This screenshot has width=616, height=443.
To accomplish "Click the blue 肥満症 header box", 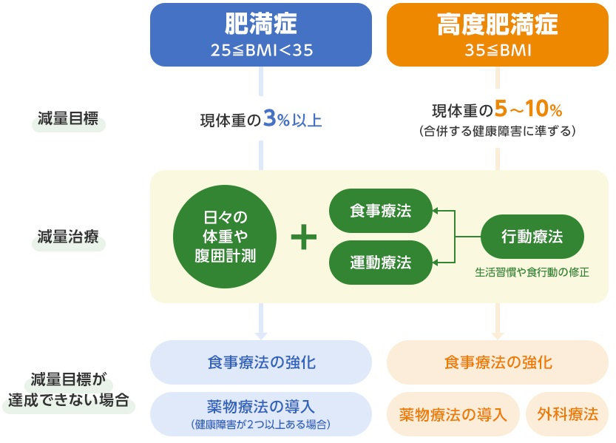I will click(x=261, y=35).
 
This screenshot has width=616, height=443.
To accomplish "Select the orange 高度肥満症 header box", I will click(x=498, y=35).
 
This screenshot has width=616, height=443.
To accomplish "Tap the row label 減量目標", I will click(x=67, y=120).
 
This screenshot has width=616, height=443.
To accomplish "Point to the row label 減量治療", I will click(x=67, y=238).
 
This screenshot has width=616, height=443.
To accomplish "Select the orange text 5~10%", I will click(x=529, y=111).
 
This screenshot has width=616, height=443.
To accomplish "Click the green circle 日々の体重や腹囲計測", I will click(x=224, y=237).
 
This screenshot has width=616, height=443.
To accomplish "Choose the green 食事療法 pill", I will click(x=380, y=212).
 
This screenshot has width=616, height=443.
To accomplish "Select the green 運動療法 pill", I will click(x=380, y=262).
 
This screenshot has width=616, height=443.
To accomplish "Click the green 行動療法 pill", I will click(x=532, y=237).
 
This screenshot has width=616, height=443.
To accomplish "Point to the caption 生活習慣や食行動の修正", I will click(x=532, y=272).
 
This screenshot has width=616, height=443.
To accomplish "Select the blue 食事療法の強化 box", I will click(x=261, y=362).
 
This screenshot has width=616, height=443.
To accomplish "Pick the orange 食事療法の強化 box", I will click(x=498, y=362).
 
